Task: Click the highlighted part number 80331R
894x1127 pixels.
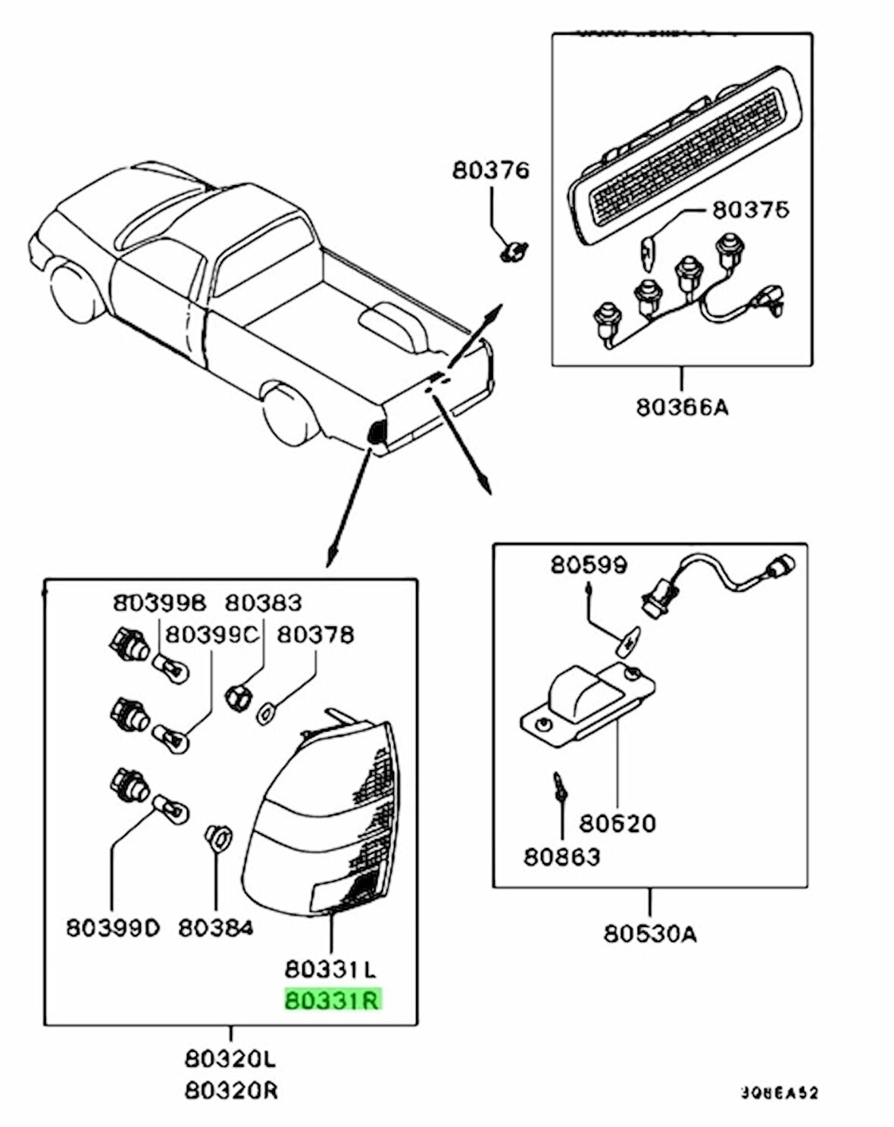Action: pos(333,1000)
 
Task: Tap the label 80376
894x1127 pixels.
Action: pos(491,170)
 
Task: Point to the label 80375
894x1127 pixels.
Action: pos(750,209)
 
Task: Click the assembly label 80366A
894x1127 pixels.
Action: pos(681,407)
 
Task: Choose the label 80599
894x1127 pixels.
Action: pos(589,565)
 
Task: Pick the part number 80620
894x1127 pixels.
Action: pos(617,822)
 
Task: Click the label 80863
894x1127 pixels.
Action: pos(561,856)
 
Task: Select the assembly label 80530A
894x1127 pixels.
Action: pos(650,934)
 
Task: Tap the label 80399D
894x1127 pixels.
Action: pos(113,927)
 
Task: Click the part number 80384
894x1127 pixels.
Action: pos(215,927)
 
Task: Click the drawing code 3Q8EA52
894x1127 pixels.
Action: pos(779,1093)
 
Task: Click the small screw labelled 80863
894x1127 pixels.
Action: pos(560,786)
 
